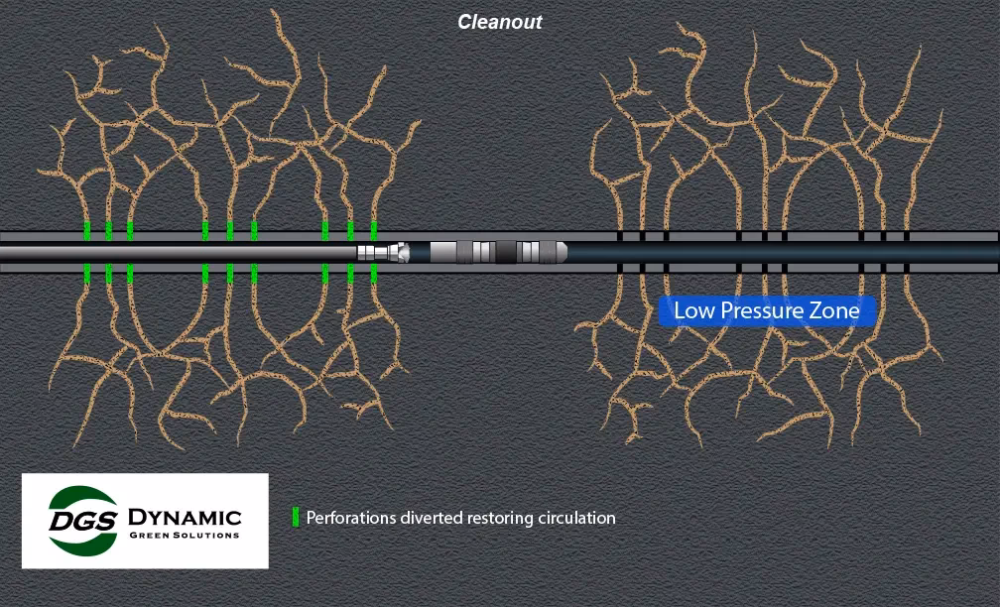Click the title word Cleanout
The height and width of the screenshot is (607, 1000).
500,22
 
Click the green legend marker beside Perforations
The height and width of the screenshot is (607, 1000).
296,518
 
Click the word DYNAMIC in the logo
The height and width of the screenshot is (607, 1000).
185,517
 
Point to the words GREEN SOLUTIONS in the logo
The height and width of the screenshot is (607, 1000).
185,536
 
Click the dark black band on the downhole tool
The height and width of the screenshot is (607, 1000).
506,252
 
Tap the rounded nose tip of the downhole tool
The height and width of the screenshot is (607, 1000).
562,252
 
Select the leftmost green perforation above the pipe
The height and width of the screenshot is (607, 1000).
87,230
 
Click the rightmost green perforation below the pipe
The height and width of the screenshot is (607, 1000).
374,273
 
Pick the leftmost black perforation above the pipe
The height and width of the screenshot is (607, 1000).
619,236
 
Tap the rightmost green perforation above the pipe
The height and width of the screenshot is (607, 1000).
374,230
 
